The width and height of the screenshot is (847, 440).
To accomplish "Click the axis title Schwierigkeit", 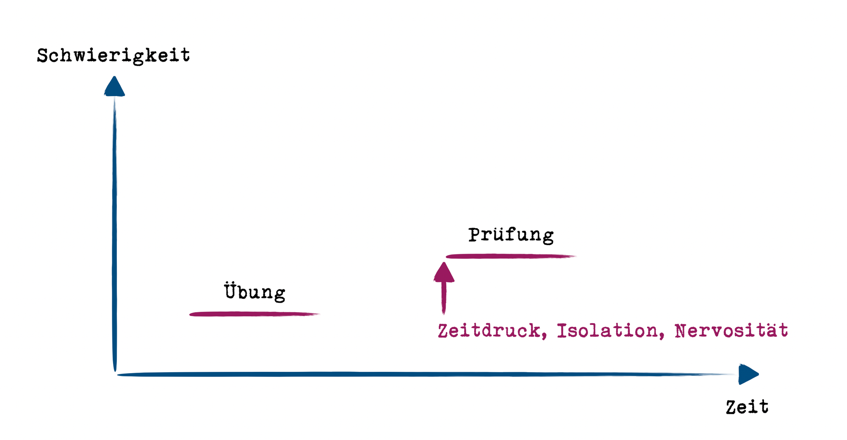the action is (x=113, y=56).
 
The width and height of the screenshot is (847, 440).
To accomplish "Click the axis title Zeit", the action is (x=747, y=407).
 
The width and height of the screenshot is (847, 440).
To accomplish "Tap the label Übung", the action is (x=255, y=292).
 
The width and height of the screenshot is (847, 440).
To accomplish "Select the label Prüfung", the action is (x=511, y=235).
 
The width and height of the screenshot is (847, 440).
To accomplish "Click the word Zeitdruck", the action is (x=489, y=331).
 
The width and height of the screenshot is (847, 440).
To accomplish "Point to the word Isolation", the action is (x=607, y=331).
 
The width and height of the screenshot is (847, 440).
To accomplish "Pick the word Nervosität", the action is (x=731, y=331).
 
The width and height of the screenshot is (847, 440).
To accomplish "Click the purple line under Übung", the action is (x=254, y=314).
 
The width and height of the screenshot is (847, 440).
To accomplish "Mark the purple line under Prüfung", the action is (x=510, y=256).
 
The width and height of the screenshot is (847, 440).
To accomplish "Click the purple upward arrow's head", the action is (x=444, y=273).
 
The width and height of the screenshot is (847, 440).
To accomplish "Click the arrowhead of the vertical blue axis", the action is (x=114, y=87).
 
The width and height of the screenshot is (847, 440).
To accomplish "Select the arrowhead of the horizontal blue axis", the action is (x=747, y=374).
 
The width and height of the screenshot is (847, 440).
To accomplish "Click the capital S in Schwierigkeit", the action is (x=42, y=56).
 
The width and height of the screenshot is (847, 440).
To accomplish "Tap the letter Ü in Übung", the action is (x=230, y=291).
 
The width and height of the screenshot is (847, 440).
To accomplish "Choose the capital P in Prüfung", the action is (x=474, y=235).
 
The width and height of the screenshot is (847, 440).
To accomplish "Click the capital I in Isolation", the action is (x=562, y=331).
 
